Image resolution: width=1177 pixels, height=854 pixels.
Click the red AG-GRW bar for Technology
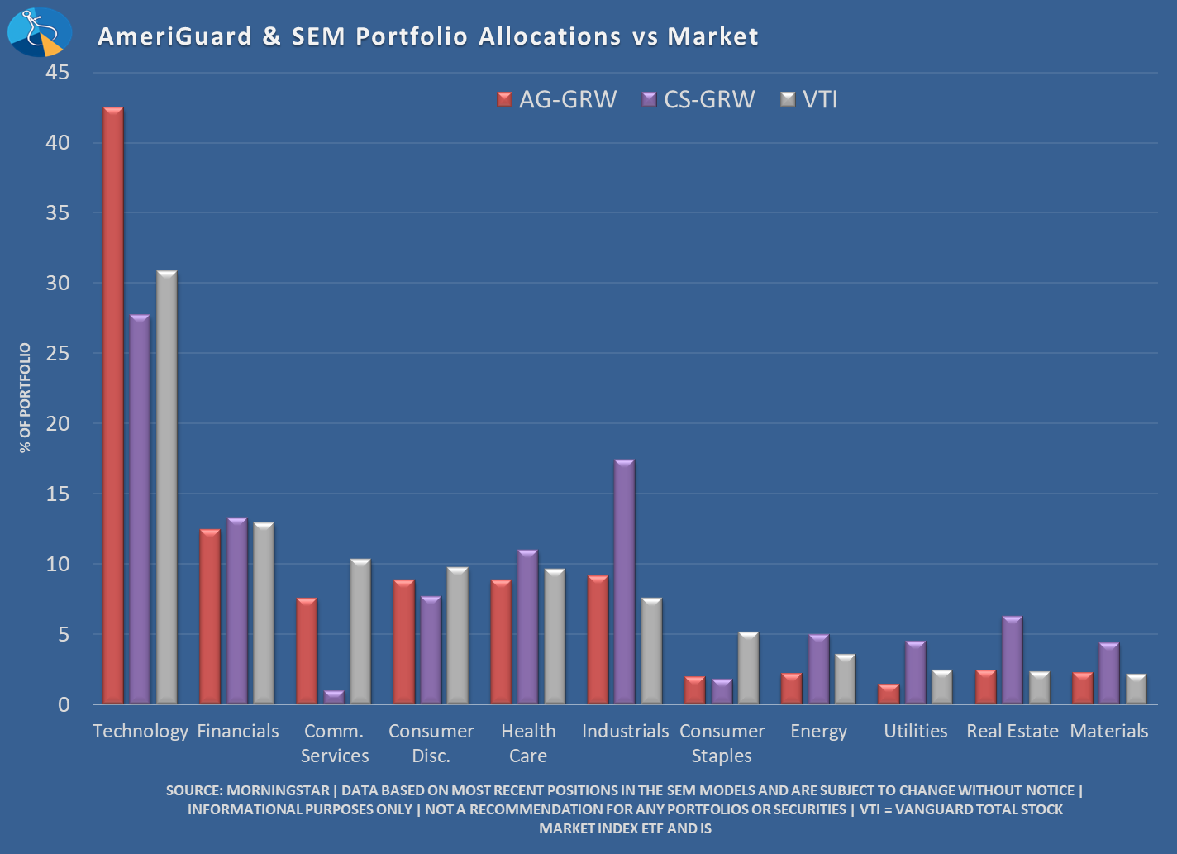(113, 405)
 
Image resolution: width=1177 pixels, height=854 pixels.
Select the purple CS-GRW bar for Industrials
(624, 582)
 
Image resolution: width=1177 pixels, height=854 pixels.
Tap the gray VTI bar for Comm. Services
(360, 632)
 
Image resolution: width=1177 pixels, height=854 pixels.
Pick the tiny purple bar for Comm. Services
(334, 697)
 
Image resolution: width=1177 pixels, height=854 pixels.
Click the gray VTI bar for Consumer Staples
(748, 668)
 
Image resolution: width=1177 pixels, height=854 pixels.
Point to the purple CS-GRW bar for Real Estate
(1012, 661)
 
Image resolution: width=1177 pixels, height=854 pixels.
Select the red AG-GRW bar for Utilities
(889, 694)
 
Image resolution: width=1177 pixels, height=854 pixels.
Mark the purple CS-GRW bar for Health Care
(527, 627)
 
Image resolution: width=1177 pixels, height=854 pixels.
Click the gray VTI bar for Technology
(167, 488)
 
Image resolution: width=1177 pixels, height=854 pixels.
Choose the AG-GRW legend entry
(557, 100)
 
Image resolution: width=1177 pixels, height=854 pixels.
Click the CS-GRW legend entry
(698, 100)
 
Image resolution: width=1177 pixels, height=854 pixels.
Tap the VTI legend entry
(810, 100)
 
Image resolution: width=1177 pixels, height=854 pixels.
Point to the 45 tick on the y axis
(58, 73)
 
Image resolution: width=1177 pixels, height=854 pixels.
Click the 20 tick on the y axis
(58, 423)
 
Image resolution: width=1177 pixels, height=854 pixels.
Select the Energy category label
(818, 732)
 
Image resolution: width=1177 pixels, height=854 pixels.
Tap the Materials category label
(1108, 732)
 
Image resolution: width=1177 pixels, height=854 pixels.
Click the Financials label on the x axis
(238, 732)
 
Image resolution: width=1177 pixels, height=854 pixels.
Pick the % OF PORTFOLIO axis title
(26, 398)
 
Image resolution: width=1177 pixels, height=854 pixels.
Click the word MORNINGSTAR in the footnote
(278, 790)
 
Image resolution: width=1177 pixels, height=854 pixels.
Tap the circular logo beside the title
(39, 32)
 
